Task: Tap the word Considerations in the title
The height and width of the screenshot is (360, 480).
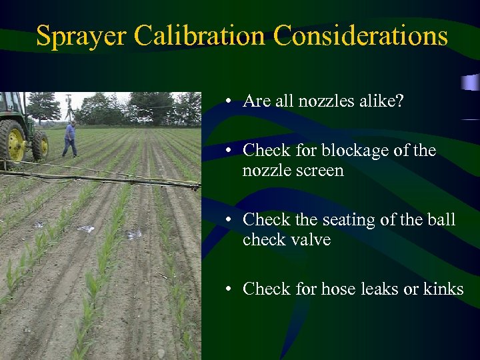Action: tap(361, 35)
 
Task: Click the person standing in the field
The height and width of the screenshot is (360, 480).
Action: tap(69, 139)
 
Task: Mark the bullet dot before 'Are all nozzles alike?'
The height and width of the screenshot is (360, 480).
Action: tap(228, 102)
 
